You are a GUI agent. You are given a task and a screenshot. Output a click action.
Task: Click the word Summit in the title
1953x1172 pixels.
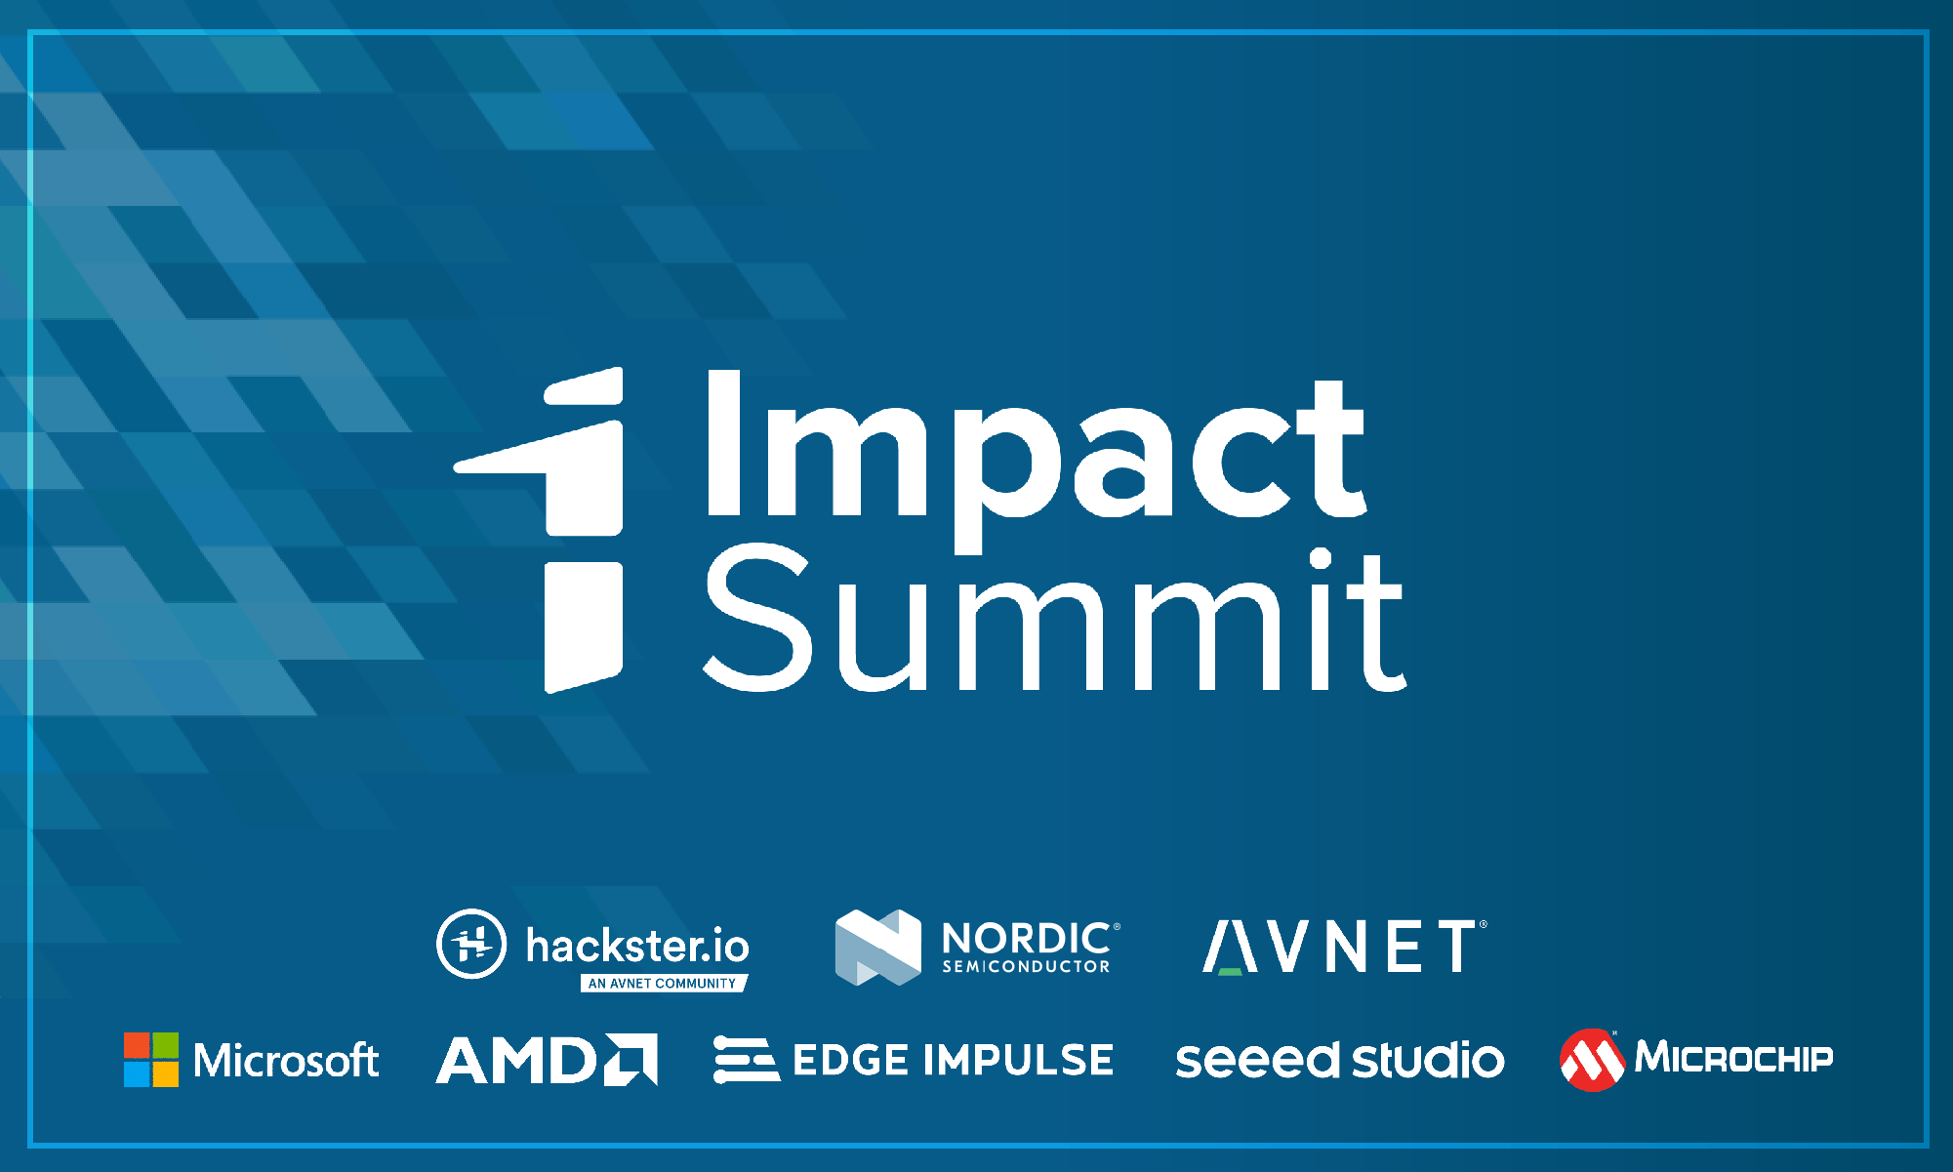1055,617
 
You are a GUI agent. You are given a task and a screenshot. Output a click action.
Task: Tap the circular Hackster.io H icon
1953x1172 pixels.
471,944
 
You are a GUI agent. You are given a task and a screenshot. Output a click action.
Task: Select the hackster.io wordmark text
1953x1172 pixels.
637,945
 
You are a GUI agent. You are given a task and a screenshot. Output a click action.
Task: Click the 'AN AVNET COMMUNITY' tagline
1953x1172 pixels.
664,983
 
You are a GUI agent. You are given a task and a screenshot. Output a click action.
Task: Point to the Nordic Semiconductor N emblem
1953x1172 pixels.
878,947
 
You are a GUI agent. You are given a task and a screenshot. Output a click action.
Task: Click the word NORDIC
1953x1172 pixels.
1026,938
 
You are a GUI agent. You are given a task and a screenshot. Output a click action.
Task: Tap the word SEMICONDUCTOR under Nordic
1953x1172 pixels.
1026,966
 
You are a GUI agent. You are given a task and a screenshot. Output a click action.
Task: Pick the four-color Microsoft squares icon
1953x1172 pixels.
151,1060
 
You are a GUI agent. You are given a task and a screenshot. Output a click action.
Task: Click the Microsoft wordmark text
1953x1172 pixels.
286,1061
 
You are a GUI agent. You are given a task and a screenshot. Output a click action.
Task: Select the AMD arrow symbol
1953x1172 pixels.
631,1059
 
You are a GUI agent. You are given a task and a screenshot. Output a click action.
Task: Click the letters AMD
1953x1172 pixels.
516,1060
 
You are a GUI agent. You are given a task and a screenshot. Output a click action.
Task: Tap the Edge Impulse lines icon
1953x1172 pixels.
747,1060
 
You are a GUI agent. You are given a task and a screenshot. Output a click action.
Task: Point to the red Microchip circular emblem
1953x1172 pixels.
1592,1060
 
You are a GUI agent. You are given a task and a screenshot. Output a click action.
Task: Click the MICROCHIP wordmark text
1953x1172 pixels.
1734,1057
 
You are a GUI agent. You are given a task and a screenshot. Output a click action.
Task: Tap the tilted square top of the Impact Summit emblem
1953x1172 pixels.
583,386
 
